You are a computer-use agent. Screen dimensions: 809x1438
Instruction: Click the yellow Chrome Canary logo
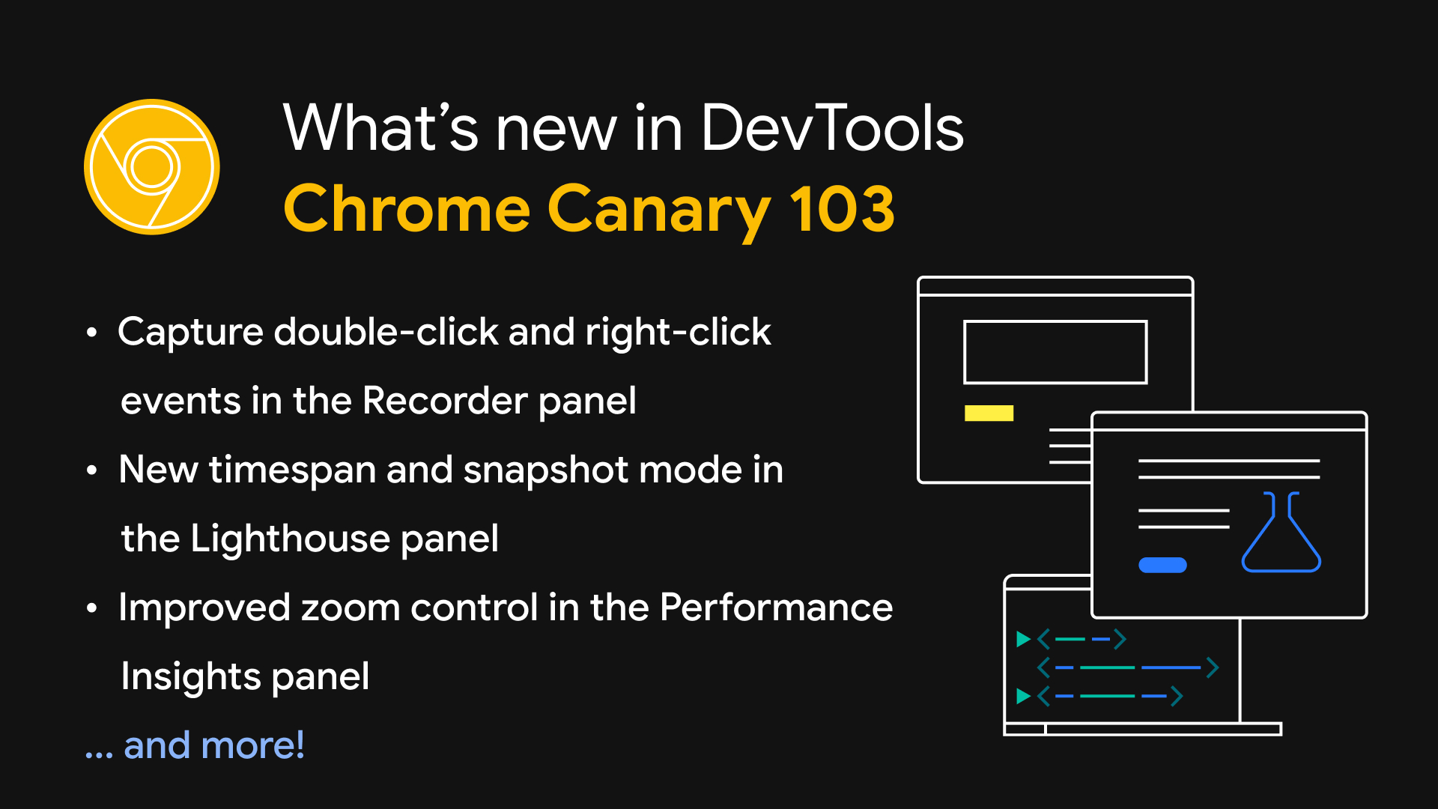pyautogui.click(x=152, y=166)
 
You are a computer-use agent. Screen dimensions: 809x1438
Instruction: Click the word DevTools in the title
pyautogui.click(x=832, y=128)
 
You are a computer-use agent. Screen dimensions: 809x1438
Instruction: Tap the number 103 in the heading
pyautogui.click(x=842, y=209)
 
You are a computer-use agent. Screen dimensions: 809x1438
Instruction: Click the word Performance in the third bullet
pyautogui.click(x=776, y=607)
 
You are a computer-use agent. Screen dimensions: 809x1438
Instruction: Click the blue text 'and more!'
pyautogui.click(x=214, y=745)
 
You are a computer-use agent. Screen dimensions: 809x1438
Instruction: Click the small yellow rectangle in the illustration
pyautogui.click(x=989, y=413)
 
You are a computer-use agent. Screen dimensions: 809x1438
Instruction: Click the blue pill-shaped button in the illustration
pyautogui.click(x=1162, y=565)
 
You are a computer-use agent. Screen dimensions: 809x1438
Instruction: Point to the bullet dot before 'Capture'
pyautogui.click(x=91, y=333)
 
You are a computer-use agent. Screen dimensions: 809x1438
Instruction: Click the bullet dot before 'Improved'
pyautogui.click(x=91, y=608)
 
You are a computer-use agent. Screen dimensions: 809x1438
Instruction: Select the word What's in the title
pyautogui.click(x=380, y=128)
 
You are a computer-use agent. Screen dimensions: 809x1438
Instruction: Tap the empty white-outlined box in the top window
pyautogui.click(x=1055, y=352)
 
